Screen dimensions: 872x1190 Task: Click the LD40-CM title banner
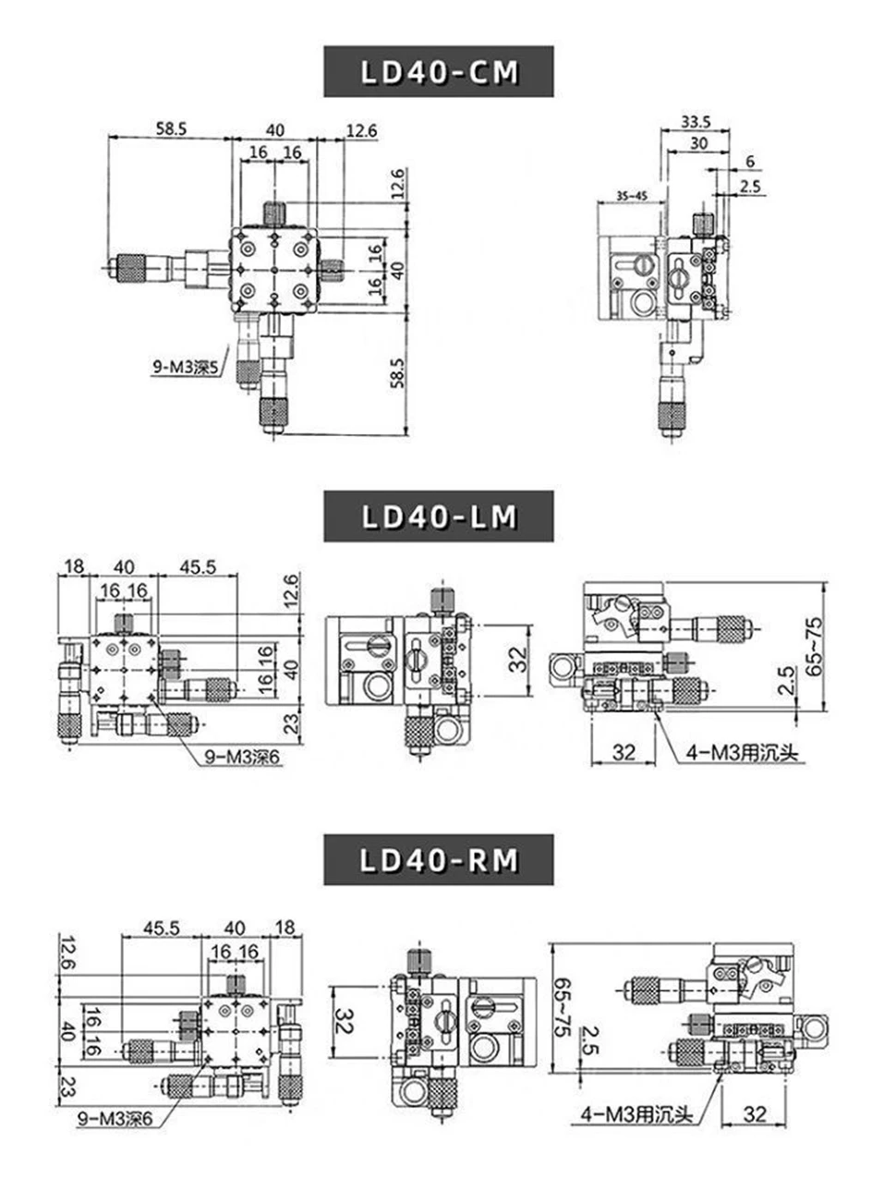click(x=439, y=72)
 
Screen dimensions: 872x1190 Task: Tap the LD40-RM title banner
click(x=439, y=860)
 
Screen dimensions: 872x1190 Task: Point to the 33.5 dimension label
click(x=695, y=121)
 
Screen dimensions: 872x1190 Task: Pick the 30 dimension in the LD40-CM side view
click(x=699, y=142)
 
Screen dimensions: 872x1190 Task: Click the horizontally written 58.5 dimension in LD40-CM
click(x=171, y=130)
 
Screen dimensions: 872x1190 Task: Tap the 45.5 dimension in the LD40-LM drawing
click(x=196, y=566)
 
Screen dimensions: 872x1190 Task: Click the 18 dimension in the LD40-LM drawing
click(x=74, y=566)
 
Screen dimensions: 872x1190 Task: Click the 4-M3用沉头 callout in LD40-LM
click(x=742, y=754)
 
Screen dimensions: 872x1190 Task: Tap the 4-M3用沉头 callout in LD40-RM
click(x=636, y=1115)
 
